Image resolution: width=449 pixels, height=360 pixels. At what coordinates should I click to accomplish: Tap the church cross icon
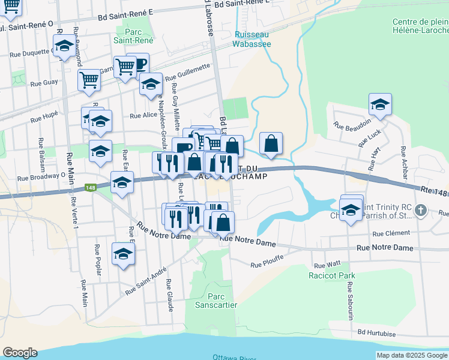pos(421,211)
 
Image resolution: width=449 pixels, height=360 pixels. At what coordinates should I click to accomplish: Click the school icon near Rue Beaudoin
pos(380,105)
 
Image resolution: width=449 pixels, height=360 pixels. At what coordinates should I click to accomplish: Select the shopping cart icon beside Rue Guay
pos(89,79)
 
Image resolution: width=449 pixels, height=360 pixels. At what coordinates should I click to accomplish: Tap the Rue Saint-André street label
pos(146,281)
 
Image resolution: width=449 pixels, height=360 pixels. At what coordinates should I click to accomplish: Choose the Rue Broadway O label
pos(41,178)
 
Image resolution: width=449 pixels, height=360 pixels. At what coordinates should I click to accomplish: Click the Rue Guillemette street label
pos(188,73)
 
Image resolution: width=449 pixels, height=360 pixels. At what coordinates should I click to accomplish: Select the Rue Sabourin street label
pos(349,300)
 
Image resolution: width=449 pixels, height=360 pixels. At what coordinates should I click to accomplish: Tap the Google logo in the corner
pos(19,353)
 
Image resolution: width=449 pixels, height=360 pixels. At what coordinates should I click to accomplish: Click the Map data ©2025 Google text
pos(411,355)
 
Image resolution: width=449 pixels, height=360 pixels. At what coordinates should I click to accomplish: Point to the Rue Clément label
pos(391,234)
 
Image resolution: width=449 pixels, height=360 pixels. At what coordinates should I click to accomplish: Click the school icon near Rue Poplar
pos(124,254)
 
